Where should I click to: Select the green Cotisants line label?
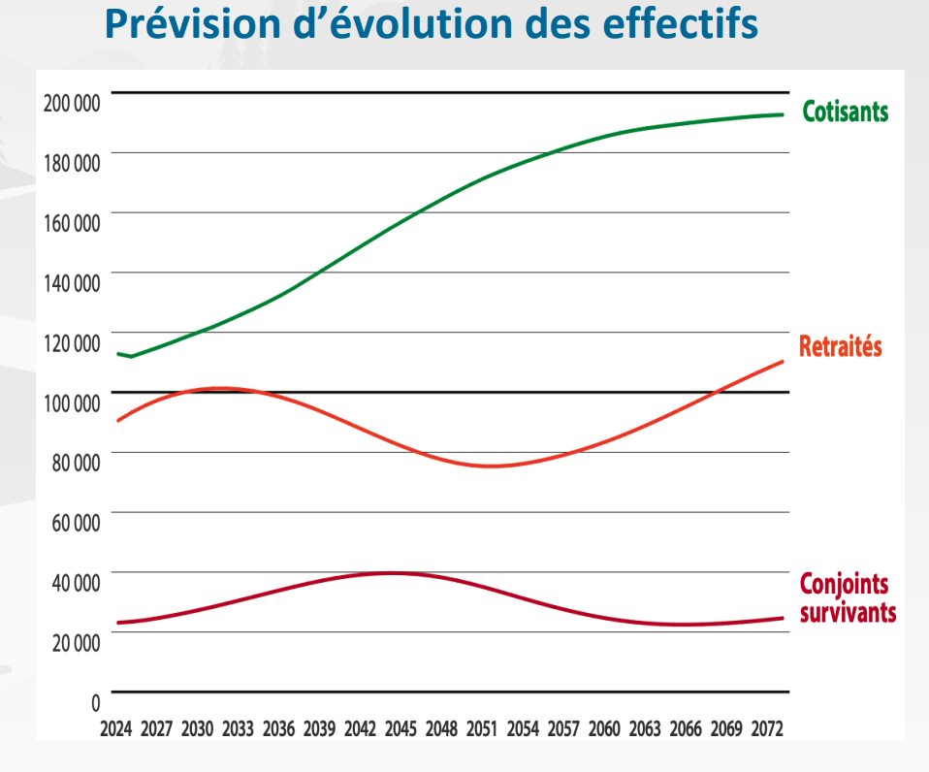pyautogui.click(x=845, y=112)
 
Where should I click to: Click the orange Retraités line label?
pyautogui.click(x=840, y=346)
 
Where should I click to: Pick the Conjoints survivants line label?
pyautogui.click(x=847, y=598)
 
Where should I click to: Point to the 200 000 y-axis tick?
pyautogui.click(x=72, y=103)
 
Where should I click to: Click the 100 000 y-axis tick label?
pyautogui.click(x=72, y=402)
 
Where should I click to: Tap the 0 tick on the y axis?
pyautogui.click(x=95, y=702)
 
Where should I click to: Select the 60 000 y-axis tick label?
pyautogui.click(x=75, y=523)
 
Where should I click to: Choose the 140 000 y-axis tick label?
pyautogui.click(x=72, y=283)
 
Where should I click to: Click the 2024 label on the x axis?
pyautogui.click(x=116, y=728)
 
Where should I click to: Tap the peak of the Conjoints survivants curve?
pyautogui.click(x=391, y=573)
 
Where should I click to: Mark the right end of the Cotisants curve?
pyautogui.click(x=783, y=114)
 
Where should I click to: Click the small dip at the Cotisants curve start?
pyautogui.click(x=131, y=357)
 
